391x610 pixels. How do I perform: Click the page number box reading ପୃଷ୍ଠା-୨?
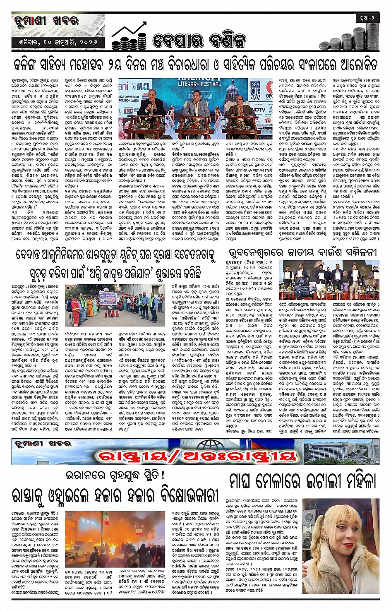(x=367, y=18)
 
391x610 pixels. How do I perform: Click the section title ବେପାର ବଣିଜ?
(x=199, y=40)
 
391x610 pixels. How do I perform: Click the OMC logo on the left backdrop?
(x=128, y=111)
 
